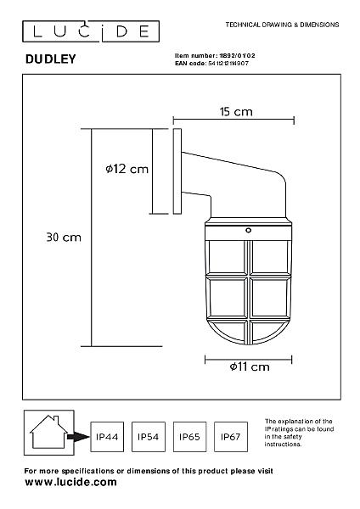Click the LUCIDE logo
(91, 31)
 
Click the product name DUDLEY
(51, 59)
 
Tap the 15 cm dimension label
(236, 112)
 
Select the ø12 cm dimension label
(127, 169)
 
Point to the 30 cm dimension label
(64, 238)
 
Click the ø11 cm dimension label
(250, 366)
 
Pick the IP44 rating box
(107, 437)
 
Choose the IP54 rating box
(148, 437)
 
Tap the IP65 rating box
(189, 437)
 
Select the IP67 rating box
(231, 437)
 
